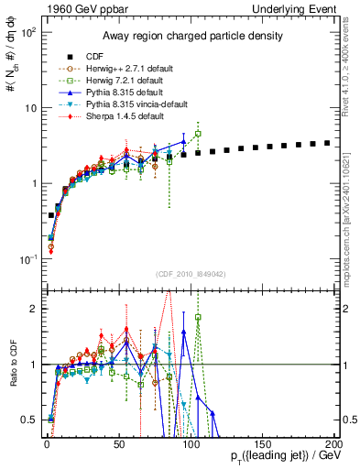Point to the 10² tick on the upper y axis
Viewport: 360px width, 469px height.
tap(27, 32)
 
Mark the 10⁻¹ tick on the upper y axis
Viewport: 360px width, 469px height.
tap(27, 259)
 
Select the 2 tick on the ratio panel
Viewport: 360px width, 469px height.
tap(31, 309)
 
